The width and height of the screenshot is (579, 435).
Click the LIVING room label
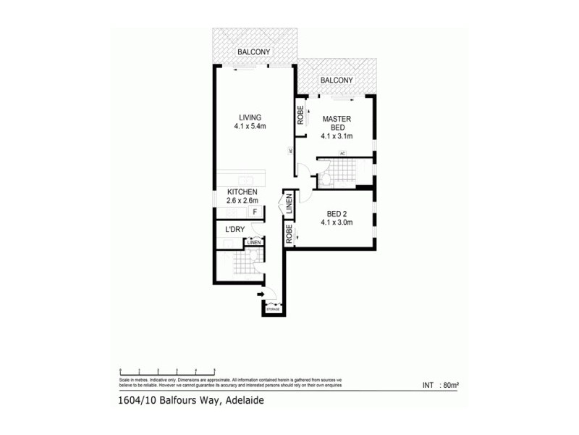tap(250, 117)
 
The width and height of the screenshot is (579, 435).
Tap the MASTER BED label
tap(337, 123)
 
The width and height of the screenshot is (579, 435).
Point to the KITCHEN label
tap(242, 191)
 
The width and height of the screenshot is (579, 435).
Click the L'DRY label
tap(234, 230)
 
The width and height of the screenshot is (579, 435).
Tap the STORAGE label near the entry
tap(273, 310)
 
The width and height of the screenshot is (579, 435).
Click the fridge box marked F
tap(255, 211)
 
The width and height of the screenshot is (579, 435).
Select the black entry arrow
tap(260, 294)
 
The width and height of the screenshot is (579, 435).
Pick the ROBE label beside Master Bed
tap(300, 117)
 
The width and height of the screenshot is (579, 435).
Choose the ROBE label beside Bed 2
tap(289, 233)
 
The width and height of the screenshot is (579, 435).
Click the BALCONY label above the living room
tap(253, 52)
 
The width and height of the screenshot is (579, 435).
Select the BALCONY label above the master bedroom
tap(337, 80)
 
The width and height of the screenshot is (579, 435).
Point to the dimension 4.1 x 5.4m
tap(250, 127)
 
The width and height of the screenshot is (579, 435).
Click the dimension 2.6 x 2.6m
tap(242, 201)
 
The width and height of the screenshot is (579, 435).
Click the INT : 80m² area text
tap(442, 385)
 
